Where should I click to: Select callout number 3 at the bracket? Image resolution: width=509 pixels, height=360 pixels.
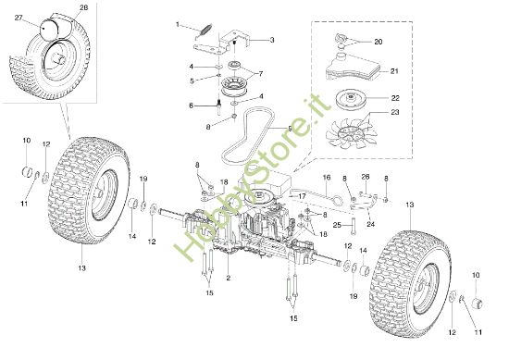tap(271, 41)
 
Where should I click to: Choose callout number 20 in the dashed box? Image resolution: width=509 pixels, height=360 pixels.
tap(378, 42)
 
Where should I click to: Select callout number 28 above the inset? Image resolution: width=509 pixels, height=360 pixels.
tap(84, 8)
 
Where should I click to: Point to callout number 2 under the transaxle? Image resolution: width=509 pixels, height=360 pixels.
tap(228, 279)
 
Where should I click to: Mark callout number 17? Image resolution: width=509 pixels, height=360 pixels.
tap(303, 196)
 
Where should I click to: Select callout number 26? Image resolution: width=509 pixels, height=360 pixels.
tap(366, 177)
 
